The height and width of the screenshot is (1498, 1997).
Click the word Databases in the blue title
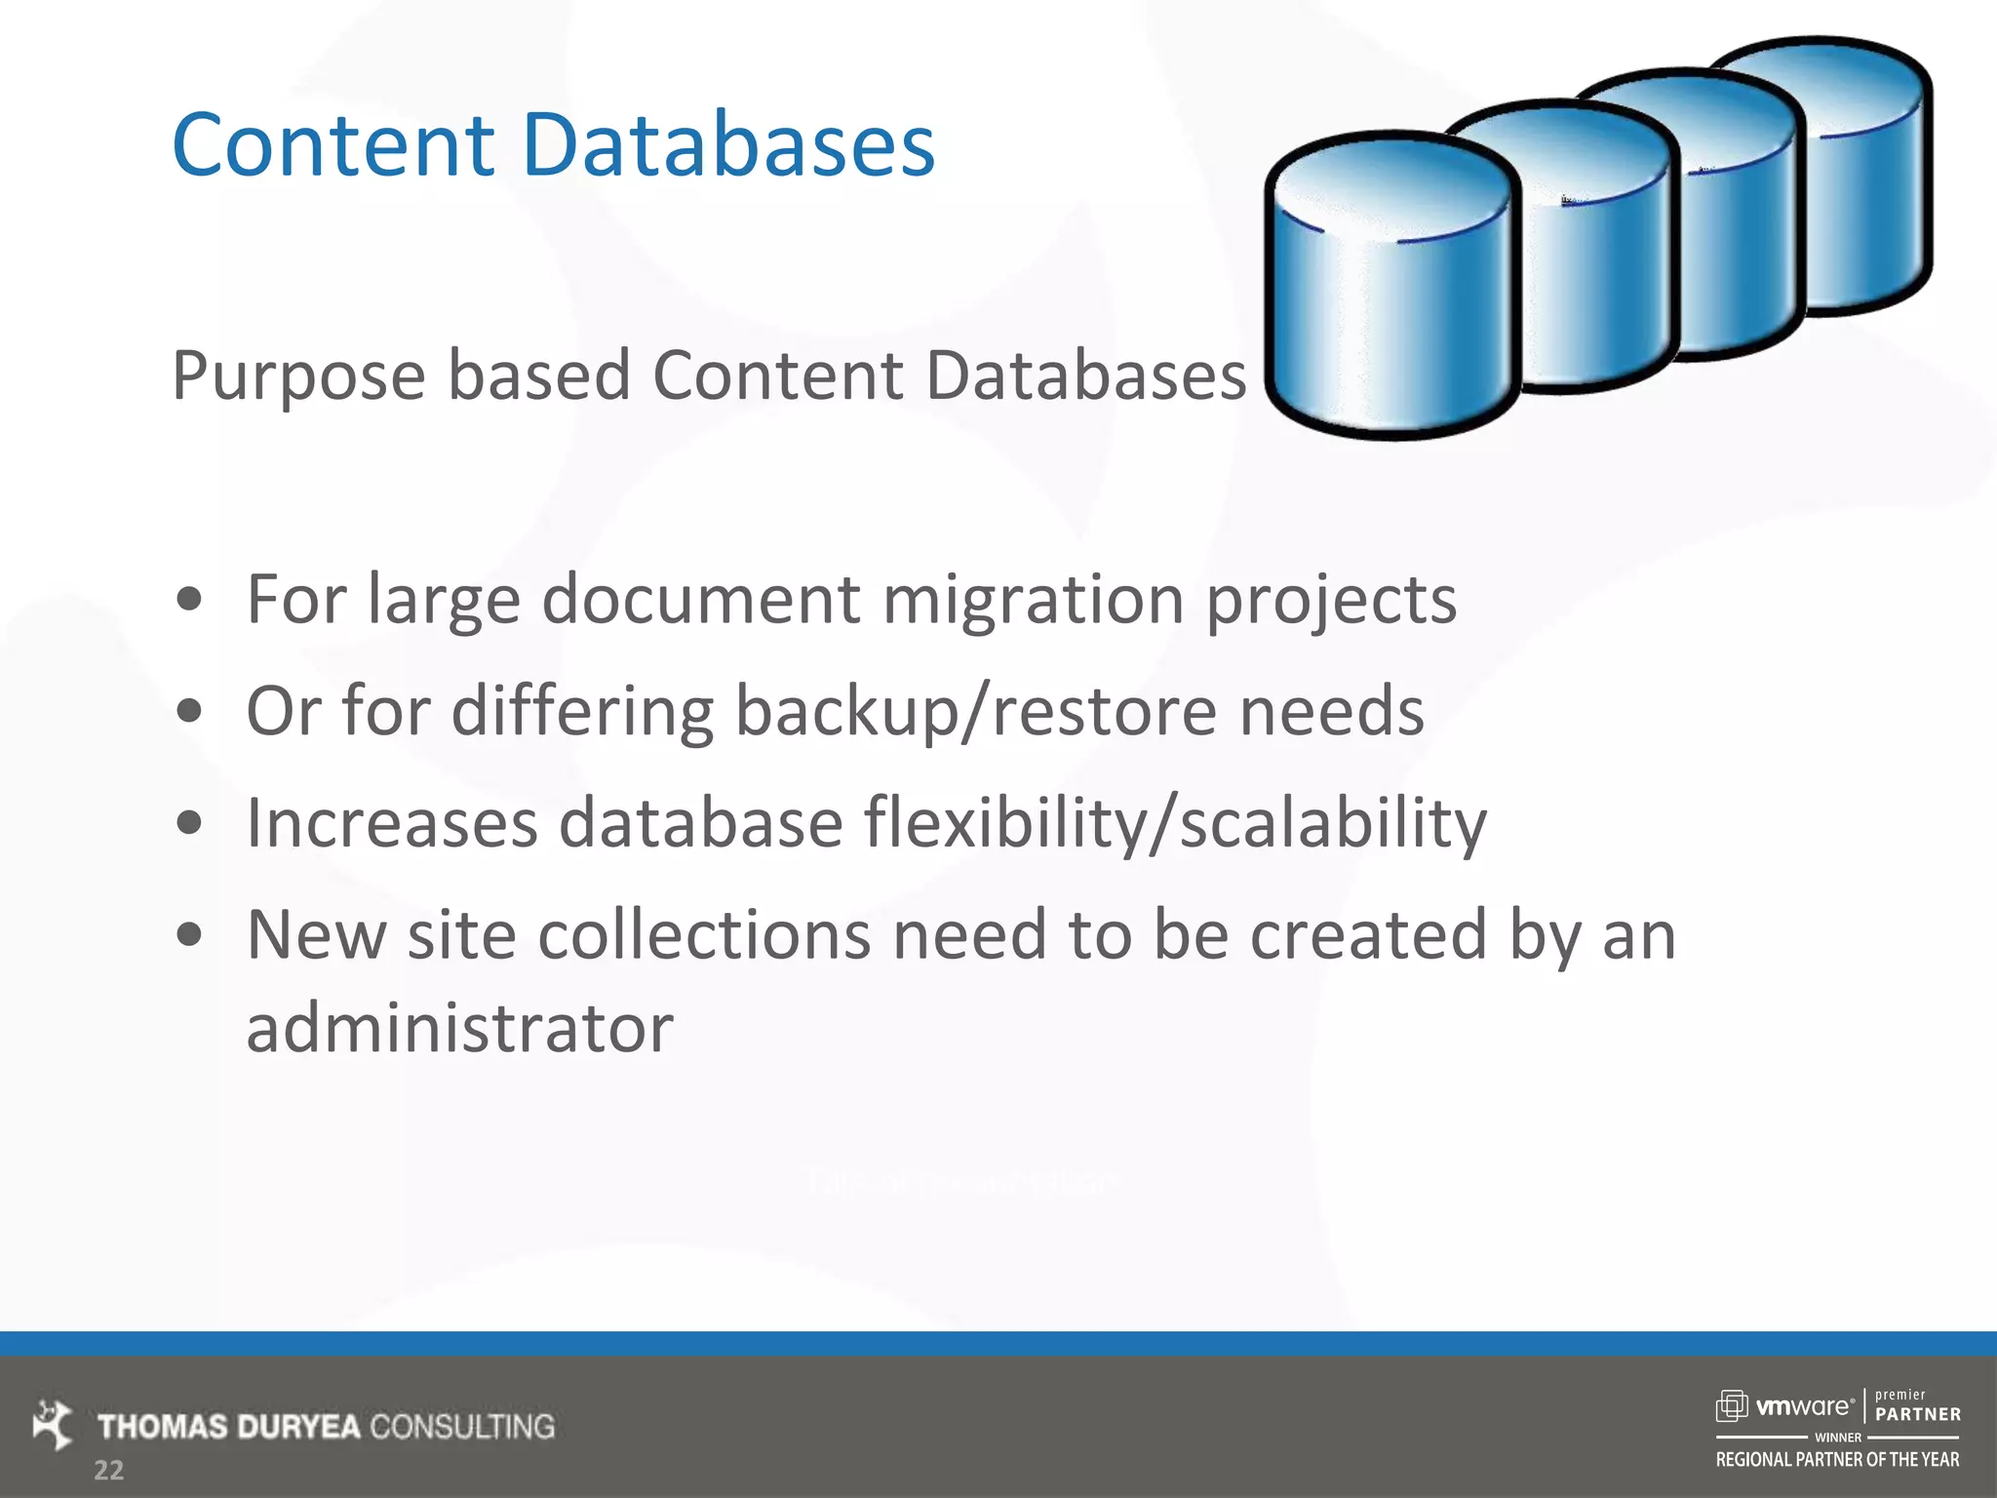coord(728,145)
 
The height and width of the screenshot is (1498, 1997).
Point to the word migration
coord(1033,599)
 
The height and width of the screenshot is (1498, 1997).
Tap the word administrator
coord(459,1028)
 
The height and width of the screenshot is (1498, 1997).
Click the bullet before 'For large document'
coord(190,601)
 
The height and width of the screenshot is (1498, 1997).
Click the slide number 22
coord(108,1471)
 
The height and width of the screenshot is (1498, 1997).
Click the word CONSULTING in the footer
coord(462,1427)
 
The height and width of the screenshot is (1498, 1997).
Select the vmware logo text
coord(1803,1406)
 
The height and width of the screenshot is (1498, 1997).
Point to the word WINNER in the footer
coord(1837,1438)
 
